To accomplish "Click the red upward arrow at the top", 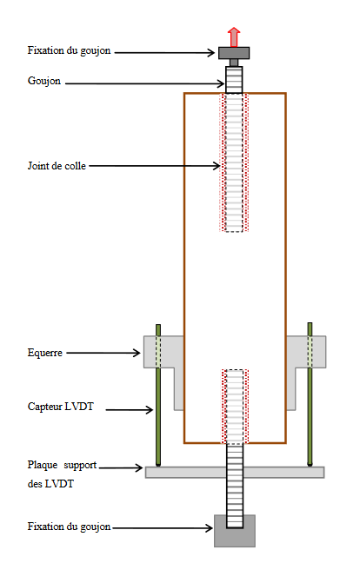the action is click(x=234, y=36).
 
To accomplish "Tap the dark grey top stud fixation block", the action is click(x=234, y=53).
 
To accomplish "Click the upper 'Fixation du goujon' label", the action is click(x=69, y=51).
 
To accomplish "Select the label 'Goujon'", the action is click(x=44, y=81).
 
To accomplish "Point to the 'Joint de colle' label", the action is click(x=57, y=166).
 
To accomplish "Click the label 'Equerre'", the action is click(x=44, y=353).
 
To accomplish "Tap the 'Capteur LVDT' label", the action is click(x=60, y=407).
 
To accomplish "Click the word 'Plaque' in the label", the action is click(x=43, y=465).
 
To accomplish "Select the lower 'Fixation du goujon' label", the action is click(x=69, y=527).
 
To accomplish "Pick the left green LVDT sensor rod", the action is click(x=158, y=394).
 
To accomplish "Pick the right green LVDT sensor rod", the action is click(x=310, y=394).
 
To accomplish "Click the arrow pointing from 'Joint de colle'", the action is click(x=155, y=166).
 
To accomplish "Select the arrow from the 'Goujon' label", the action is click(x=145, y=83).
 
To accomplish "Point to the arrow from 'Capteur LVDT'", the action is click(x=130, y=410).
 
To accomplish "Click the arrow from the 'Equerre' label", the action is click(x=103, y=353).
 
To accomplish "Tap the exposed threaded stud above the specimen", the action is click(x=234, y=80).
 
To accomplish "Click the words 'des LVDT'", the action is click(x=50, y=484).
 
